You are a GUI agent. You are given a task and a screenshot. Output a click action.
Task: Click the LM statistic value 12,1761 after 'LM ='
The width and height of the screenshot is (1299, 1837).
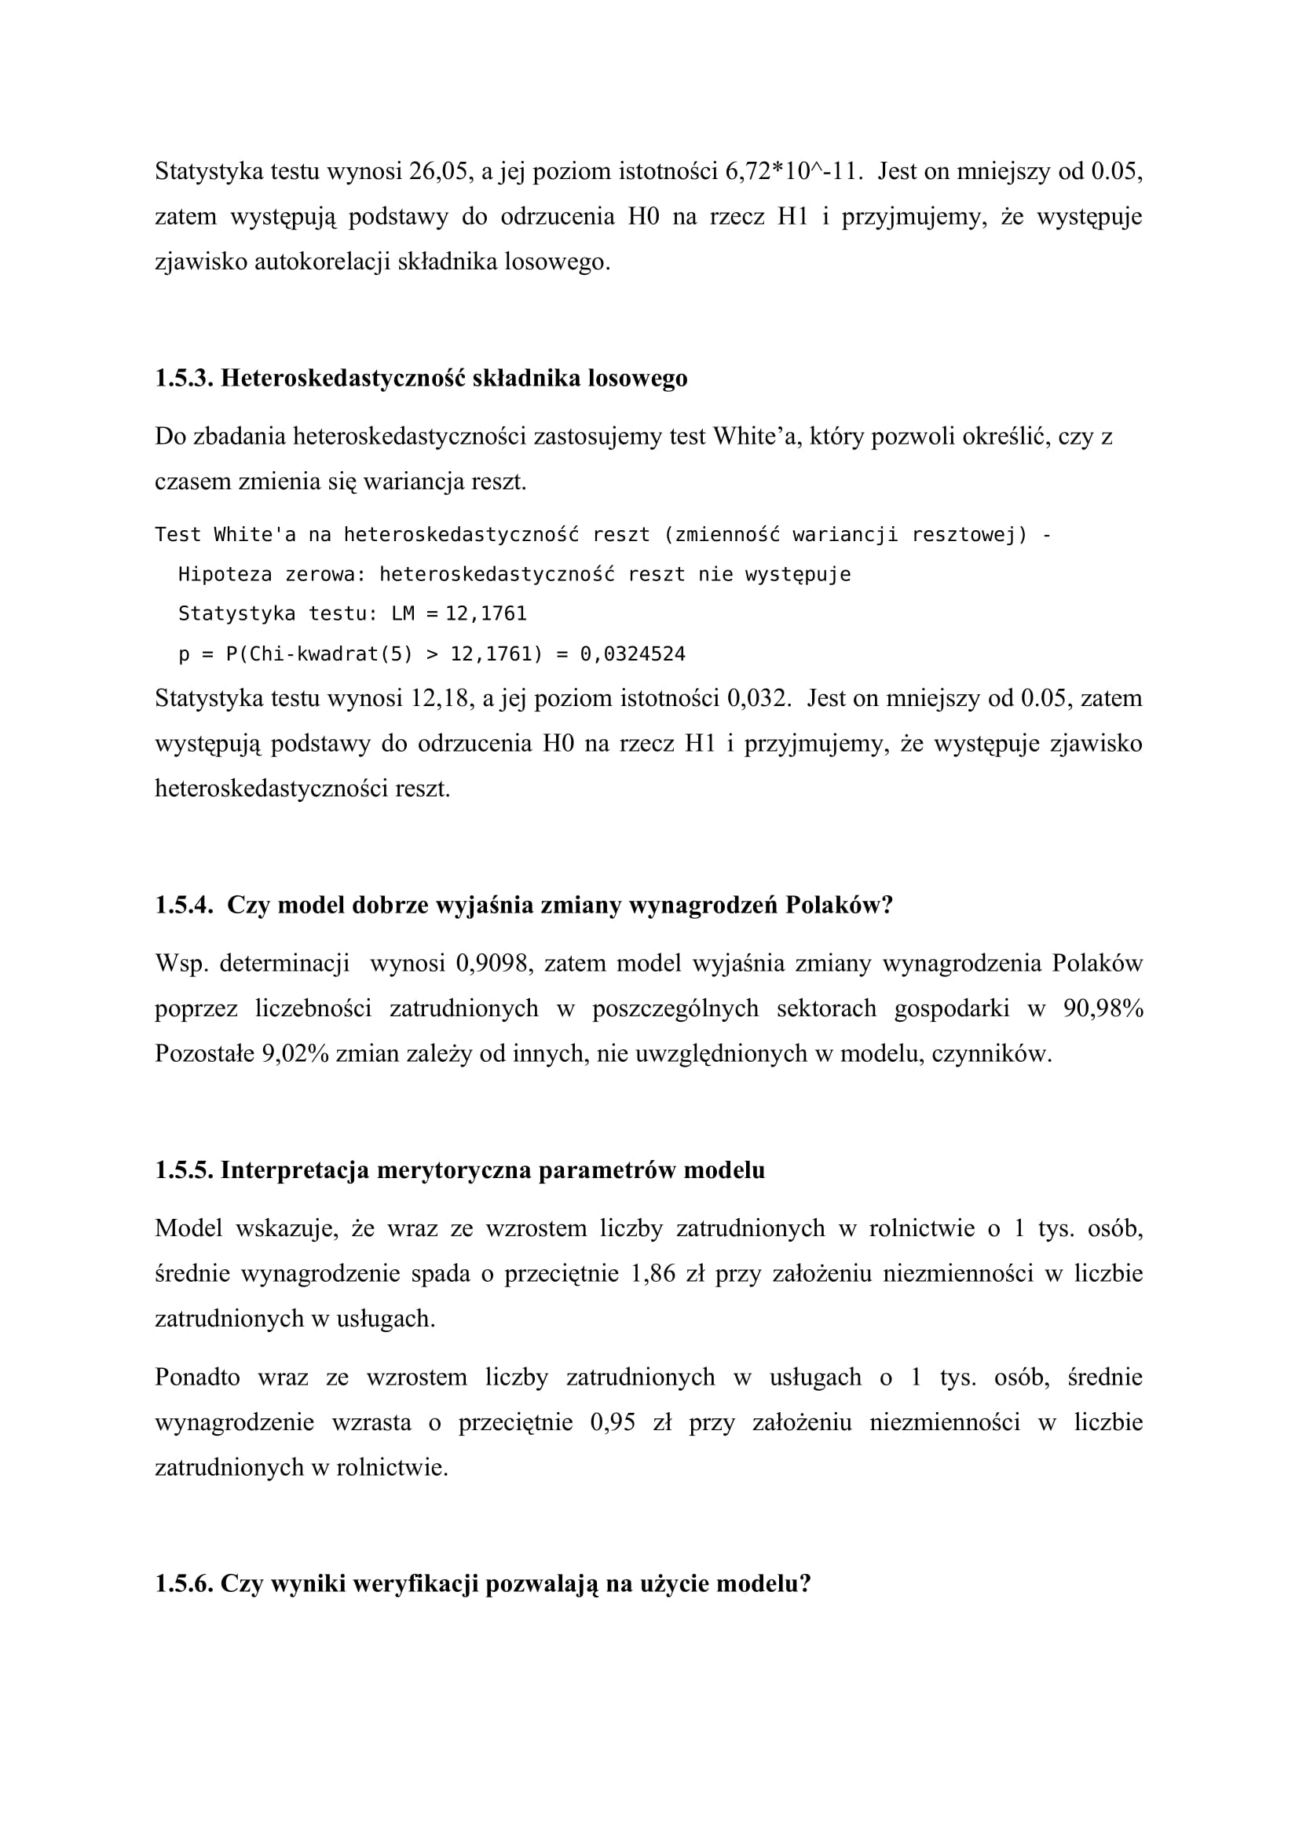(x=486, y=613)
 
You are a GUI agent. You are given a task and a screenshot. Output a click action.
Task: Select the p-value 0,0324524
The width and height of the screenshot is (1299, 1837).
(x=633, y=654)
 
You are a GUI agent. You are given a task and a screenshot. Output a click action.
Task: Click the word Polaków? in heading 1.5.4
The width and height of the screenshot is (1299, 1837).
(x=839, y=905)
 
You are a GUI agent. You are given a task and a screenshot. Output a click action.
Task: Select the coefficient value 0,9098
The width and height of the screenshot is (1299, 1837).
(x=493, y=964)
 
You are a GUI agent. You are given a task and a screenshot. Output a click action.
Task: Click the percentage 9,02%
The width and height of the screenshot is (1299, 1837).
(x=295, y=1054)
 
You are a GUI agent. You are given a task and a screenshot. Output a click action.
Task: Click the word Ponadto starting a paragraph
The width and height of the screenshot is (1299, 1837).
(x=198, y=1377)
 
